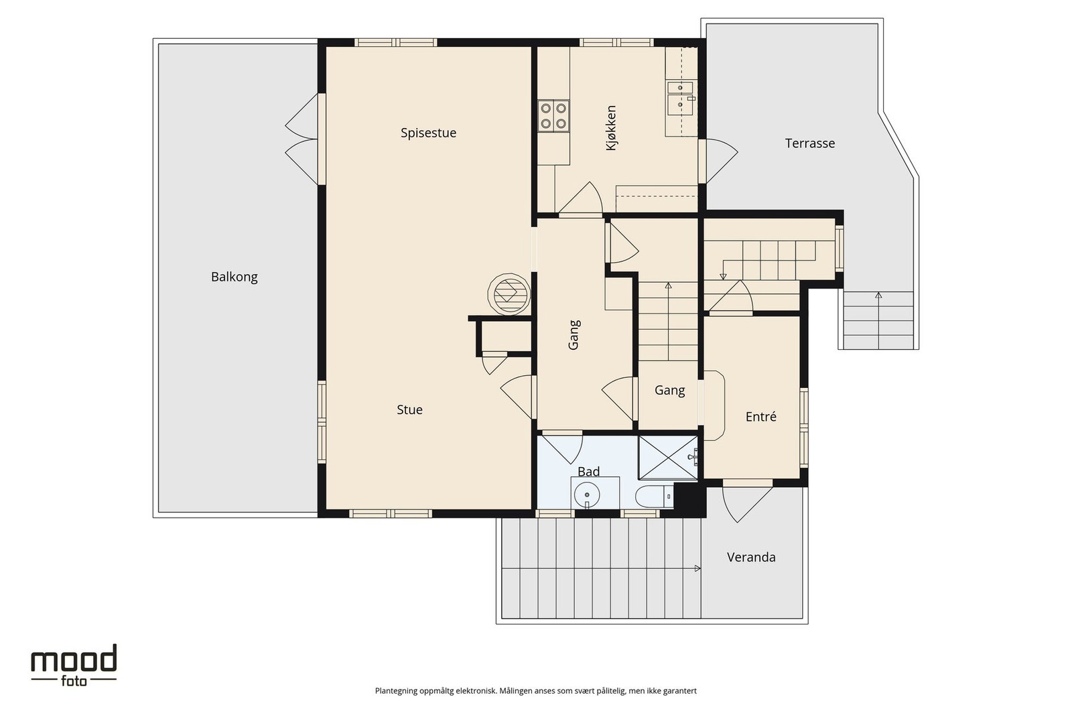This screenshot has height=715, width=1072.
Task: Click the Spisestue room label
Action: [428, 133]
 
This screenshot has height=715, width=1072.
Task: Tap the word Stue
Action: [409, 409]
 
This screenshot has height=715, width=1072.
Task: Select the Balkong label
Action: [234, 277]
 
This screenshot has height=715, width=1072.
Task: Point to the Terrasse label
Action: [810, 143]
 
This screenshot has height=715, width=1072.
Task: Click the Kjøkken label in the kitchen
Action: [611, 128]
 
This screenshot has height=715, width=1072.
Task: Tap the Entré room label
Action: [761, 417]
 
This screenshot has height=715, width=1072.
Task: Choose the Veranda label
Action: [751, 557]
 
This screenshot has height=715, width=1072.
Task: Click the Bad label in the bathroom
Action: [589, 472]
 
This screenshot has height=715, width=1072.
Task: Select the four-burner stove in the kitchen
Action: [553, 116]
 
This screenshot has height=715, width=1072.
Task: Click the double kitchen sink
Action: [680, 99]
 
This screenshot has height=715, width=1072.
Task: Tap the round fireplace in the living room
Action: [509, 294]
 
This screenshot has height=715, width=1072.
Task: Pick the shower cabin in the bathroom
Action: [668, 457]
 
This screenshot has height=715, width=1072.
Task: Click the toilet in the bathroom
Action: [655, 497]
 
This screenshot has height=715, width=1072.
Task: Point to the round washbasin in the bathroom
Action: [587, 495]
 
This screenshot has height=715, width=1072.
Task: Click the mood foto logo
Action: [74, 665]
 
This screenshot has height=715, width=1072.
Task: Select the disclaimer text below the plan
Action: [535, 691]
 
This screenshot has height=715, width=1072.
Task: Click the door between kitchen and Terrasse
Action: [718, 161]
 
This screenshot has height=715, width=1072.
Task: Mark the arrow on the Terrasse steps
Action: [878, 320]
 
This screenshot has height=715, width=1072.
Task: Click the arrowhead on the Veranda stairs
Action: [697, 568]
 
